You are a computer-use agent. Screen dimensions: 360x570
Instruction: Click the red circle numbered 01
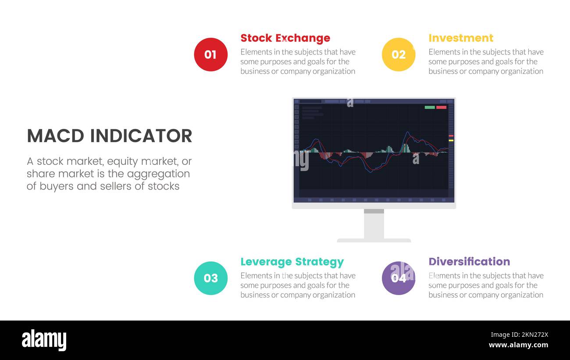210,54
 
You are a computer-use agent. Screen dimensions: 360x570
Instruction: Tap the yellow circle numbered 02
398,54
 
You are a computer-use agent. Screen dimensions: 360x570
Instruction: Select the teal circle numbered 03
210,278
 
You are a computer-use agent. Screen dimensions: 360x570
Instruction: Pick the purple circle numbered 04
398,278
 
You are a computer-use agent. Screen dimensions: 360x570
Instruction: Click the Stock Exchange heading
285,38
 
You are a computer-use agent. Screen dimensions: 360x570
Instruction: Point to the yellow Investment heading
460,38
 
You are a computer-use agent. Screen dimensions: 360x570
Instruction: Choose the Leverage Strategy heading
292,262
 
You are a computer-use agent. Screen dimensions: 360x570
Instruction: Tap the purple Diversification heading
469,261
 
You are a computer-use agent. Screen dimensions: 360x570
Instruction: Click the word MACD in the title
55,136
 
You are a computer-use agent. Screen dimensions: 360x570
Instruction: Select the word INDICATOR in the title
141,136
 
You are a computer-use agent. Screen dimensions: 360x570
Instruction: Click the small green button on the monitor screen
430,107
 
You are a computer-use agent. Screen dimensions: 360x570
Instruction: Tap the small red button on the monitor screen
441,107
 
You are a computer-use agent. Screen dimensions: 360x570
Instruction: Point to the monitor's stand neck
374,225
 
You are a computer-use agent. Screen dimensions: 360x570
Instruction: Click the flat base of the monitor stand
374,240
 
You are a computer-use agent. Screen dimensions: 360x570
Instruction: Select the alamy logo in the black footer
44,340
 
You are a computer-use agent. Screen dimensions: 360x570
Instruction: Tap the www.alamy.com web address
518,345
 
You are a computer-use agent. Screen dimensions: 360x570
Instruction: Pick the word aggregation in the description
158,174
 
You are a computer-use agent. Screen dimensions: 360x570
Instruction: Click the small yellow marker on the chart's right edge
451,140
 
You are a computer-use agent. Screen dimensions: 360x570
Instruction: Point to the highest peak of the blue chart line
408,132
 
